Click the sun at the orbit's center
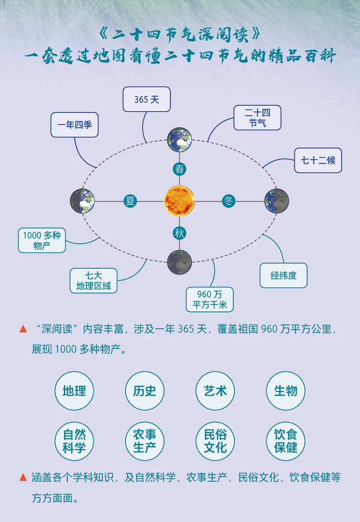180,201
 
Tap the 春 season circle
180,169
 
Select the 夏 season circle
130,201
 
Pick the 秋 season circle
180,233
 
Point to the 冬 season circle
229,201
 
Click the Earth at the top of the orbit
180,140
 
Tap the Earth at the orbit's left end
82,201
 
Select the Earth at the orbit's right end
276,201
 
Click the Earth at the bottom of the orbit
180,262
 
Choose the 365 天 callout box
146,99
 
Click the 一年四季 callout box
74,125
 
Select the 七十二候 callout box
318,160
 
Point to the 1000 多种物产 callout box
42,240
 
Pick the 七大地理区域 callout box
93,281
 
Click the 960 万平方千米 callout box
210,299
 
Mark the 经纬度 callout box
283,275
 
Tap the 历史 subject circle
144,391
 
